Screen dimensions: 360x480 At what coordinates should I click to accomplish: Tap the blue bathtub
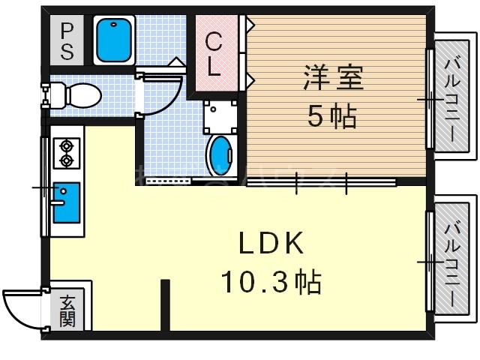(x=113, y=40)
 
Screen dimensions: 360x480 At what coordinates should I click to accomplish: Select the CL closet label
(x=214, y=55)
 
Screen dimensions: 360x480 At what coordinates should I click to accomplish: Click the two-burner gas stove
(x=66, y=151)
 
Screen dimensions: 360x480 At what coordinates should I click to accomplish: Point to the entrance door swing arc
(x=22, y=307)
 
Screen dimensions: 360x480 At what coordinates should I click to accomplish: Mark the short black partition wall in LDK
(x=165, y=304)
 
